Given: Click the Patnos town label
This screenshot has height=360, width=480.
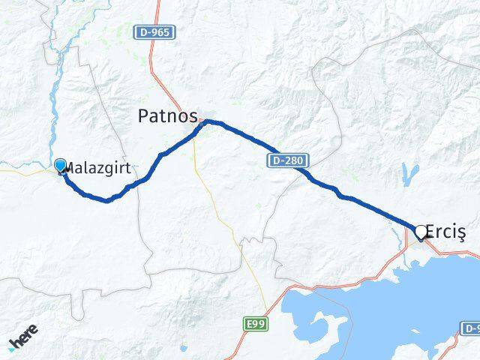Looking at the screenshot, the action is [168, 116].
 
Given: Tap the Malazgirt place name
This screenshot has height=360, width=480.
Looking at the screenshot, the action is [99, 166].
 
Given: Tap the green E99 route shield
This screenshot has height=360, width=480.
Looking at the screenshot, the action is [255, 324].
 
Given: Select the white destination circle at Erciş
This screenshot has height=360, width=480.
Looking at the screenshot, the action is [421, 232].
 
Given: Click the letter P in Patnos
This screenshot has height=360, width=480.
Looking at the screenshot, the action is [143, 116].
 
